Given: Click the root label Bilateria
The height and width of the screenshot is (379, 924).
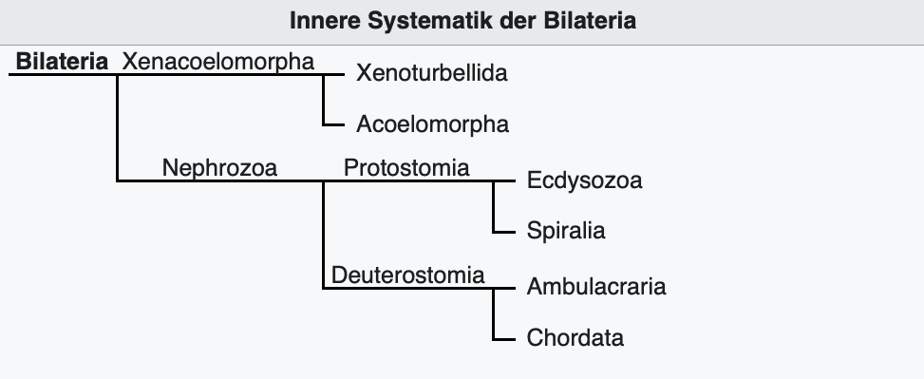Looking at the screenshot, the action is click(x=62, y=62).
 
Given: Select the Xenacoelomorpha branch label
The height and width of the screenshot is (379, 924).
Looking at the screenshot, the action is click(x=218, y=62).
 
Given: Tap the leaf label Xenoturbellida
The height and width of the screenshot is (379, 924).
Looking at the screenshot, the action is click(x=432, y=73).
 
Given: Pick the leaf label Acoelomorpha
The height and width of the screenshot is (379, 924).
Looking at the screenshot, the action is click(x=432, y=124).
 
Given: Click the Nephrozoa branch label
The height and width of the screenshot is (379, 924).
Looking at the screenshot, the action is click(x=219, y=168).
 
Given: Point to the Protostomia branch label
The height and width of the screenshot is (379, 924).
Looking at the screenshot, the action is click(x=406, y=168).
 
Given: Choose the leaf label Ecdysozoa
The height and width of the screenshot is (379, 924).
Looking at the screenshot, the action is click(x=585, y=180).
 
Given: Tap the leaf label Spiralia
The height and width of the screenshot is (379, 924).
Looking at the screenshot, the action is click(x=566, y=231).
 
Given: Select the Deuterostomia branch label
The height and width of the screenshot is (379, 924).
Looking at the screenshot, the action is click(x=407, y=275).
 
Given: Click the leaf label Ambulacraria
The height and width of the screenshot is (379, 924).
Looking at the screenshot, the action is click(x=596, y=287).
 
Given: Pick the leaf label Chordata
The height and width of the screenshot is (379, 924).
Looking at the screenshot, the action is click(x=575, y=338).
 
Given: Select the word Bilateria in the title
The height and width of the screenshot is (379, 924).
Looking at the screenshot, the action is click(x=590, y=21).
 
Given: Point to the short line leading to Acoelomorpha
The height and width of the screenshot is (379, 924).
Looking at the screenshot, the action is click(x=333, y=125).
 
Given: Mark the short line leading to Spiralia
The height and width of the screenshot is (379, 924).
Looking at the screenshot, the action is click(x=504, y=232).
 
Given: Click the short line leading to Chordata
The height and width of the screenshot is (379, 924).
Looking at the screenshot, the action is click(x=504, y=339).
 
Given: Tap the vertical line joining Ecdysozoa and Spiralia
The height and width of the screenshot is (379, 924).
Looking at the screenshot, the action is click(x=494, y=207).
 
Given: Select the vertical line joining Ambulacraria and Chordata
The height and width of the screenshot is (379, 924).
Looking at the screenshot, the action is click(x=494, y=314).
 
